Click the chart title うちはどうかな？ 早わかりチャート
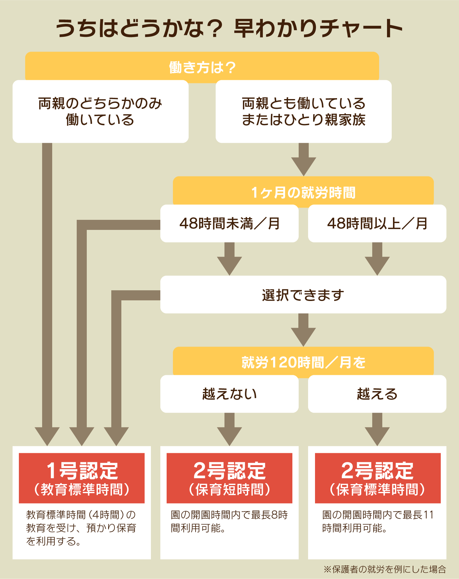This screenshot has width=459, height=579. pyautogui.click(x=229, y=28)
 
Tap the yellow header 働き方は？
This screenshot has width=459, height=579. pyautogui.click(x=202, y=67)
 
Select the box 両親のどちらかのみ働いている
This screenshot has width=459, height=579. pyautogui.click(x=100, y=112)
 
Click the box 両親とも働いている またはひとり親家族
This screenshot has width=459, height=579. pyautogui.click(x=303, y=112)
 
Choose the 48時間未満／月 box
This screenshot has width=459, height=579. pyautogui.click(x=229, y=224)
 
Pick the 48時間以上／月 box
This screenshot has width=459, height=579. pyautogui.click(x=377, y=224)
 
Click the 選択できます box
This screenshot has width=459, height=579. pyautogui.click(x=303, y=295)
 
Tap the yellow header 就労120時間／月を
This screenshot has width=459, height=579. pyautogui.click(x=303, y=362)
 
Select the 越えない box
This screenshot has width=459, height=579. pyautogui.click(x=229, y=394)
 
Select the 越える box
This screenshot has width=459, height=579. pyautogui.click(x=377, y=394)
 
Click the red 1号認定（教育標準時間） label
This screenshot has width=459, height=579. pyautogui.click(x=82, y=478)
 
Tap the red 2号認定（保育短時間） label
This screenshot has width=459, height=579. pyautogui.click(x=229, y=478)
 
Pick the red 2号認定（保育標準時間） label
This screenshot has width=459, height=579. pyautogui.click(x=378, y=478)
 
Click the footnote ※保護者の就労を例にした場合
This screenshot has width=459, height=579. pyautogui.click(x=384, y=569)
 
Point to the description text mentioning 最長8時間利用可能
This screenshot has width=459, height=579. pyautogui.click(x=229, y=521)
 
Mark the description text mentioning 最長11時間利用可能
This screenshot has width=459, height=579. pyautogui.click(x=378, y=521)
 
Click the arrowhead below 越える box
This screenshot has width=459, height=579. pyautogui.click(x=377, y=436)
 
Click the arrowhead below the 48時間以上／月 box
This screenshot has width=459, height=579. pyautogui.click(x=377, y=265)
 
